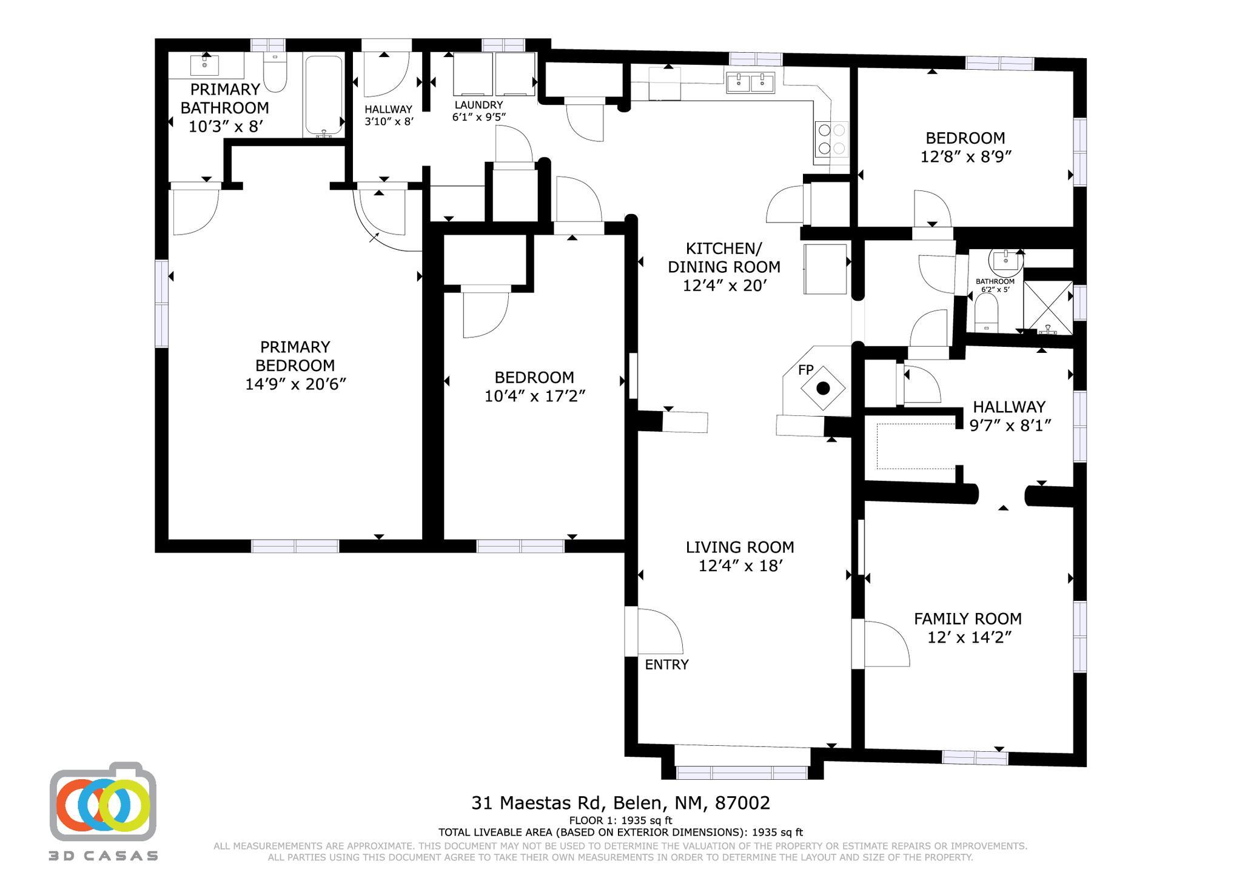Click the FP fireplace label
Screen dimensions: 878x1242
tap(805, 370)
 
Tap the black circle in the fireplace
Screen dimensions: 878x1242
tap(823, 389)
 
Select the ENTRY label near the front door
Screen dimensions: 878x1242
tap(666, 665)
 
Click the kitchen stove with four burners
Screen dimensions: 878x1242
tap(831, 139)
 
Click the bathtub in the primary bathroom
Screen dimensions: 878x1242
tap(324, 96)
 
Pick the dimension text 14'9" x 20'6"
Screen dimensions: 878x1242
tap(295, 384)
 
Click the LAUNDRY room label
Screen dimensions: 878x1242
tap(478, 105)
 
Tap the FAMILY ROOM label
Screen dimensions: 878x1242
tap(967, 618)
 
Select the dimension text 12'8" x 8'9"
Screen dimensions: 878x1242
tap(965, 156)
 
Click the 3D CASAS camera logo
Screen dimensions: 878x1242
tap(103, 803)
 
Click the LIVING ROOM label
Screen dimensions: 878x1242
tap(739, 547)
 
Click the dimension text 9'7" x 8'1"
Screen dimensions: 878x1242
tap(1010, 425)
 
